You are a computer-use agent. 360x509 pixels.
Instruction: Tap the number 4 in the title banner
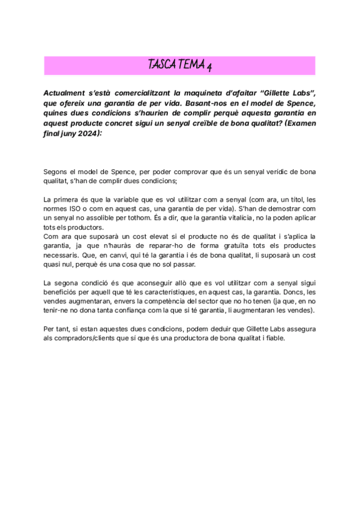208,66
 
